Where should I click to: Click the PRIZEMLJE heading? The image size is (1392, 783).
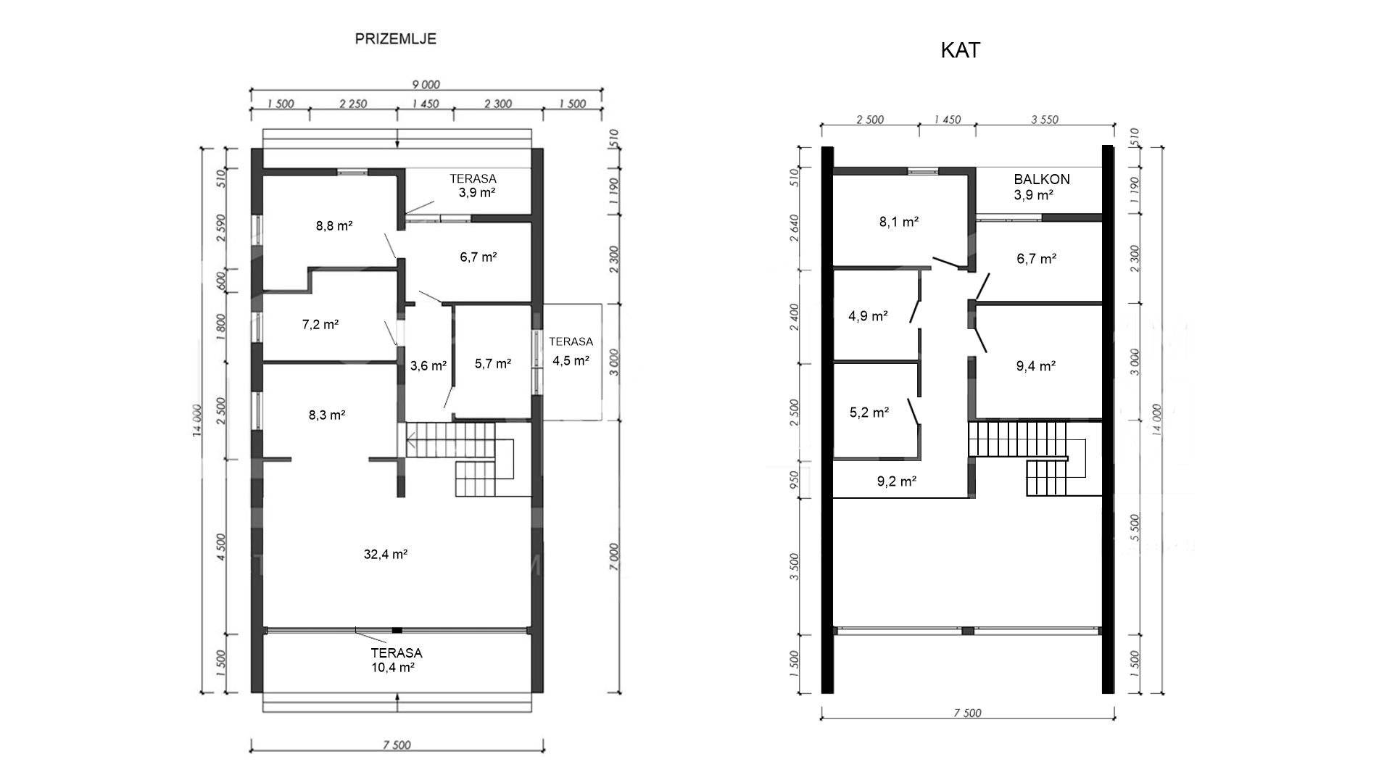(x=395, y=39)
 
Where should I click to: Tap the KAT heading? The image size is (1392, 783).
(x=961, y=50)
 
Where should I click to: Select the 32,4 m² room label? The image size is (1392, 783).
(x=385, y=555)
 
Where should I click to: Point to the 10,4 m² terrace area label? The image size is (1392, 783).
(x=392, y=668)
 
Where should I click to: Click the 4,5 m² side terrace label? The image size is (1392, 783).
(x=571, y=360)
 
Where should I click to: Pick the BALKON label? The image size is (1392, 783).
(x=1042, y=179)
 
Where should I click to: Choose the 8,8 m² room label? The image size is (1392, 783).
(x=334, y=225)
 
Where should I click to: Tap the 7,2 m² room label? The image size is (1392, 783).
(x=320, y=325)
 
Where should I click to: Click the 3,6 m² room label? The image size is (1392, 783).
(x=428, y=366)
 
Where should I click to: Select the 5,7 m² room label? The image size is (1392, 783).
(x=493, y=364)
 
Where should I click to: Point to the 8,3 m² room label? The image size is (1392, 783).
(x=327, y=415)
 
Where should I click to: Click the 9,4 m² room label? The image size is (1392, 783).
(x=1035, y=366)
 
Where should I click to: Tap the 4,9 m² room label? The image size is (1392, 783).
(x=869, y=316)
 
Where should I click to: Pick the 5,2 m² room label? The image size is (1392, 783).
(x=869, y=413)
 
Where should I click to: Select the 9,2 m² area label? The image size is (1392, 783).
(x=897, y=480)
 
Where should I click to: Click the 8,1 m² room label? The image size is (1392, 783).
(x=899, y=222)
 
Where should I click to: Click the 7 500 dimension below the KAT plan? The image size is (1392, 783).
(x=966, y=713)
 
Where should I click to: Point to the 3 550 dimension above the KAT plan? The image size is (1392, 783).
(x=1044, y=120)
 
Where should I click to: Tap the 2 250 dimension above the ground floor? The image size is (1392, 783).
(x=353, y=104)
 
